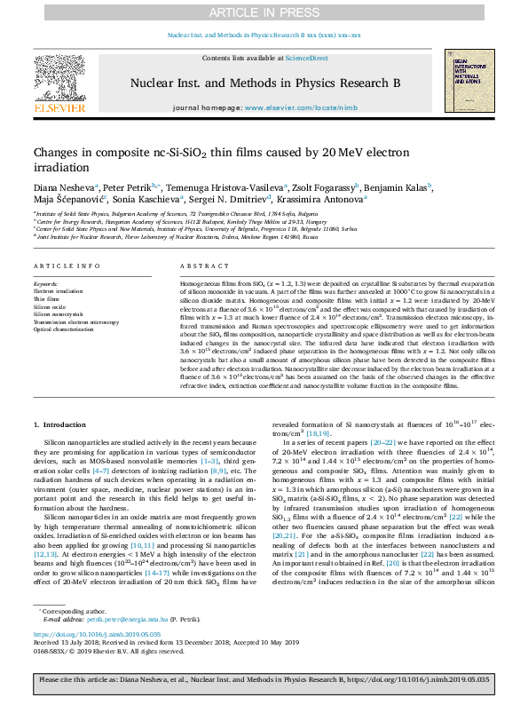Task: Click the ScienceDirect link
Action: point(306,58)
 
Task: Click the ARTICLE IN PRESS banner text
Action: point(264,12)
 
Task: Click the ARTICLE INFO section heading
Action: point(67,266)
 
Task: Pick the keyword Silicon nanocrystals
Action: point(59,314)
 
